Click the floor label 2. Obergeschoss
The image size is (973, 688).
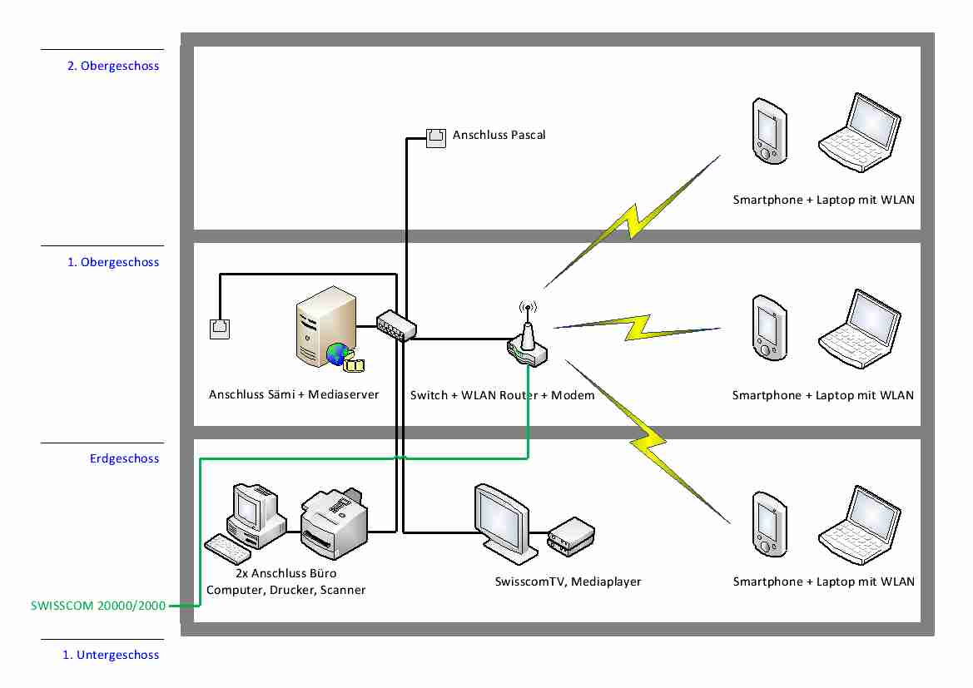coord(113,66)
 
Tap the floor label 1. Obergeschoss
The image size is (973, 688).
coord(113,262)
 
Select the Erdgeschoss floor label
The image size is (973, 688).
coord(124,458)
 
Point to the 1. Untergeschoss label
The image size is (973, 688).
coord(111,655)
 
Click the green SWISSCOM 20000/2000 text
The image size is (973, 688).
coord(98,606)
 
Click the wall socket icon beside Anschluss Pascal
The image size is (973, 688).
coord(436,138)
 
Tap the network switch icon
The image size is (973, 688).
coord(396,325)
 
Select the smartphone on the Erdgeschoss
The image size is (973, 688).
coord(767,524)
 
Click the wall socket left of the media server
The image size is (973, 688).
coord(219,329)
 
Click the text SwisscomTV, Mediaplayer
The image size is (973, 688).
coord(568,582)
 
